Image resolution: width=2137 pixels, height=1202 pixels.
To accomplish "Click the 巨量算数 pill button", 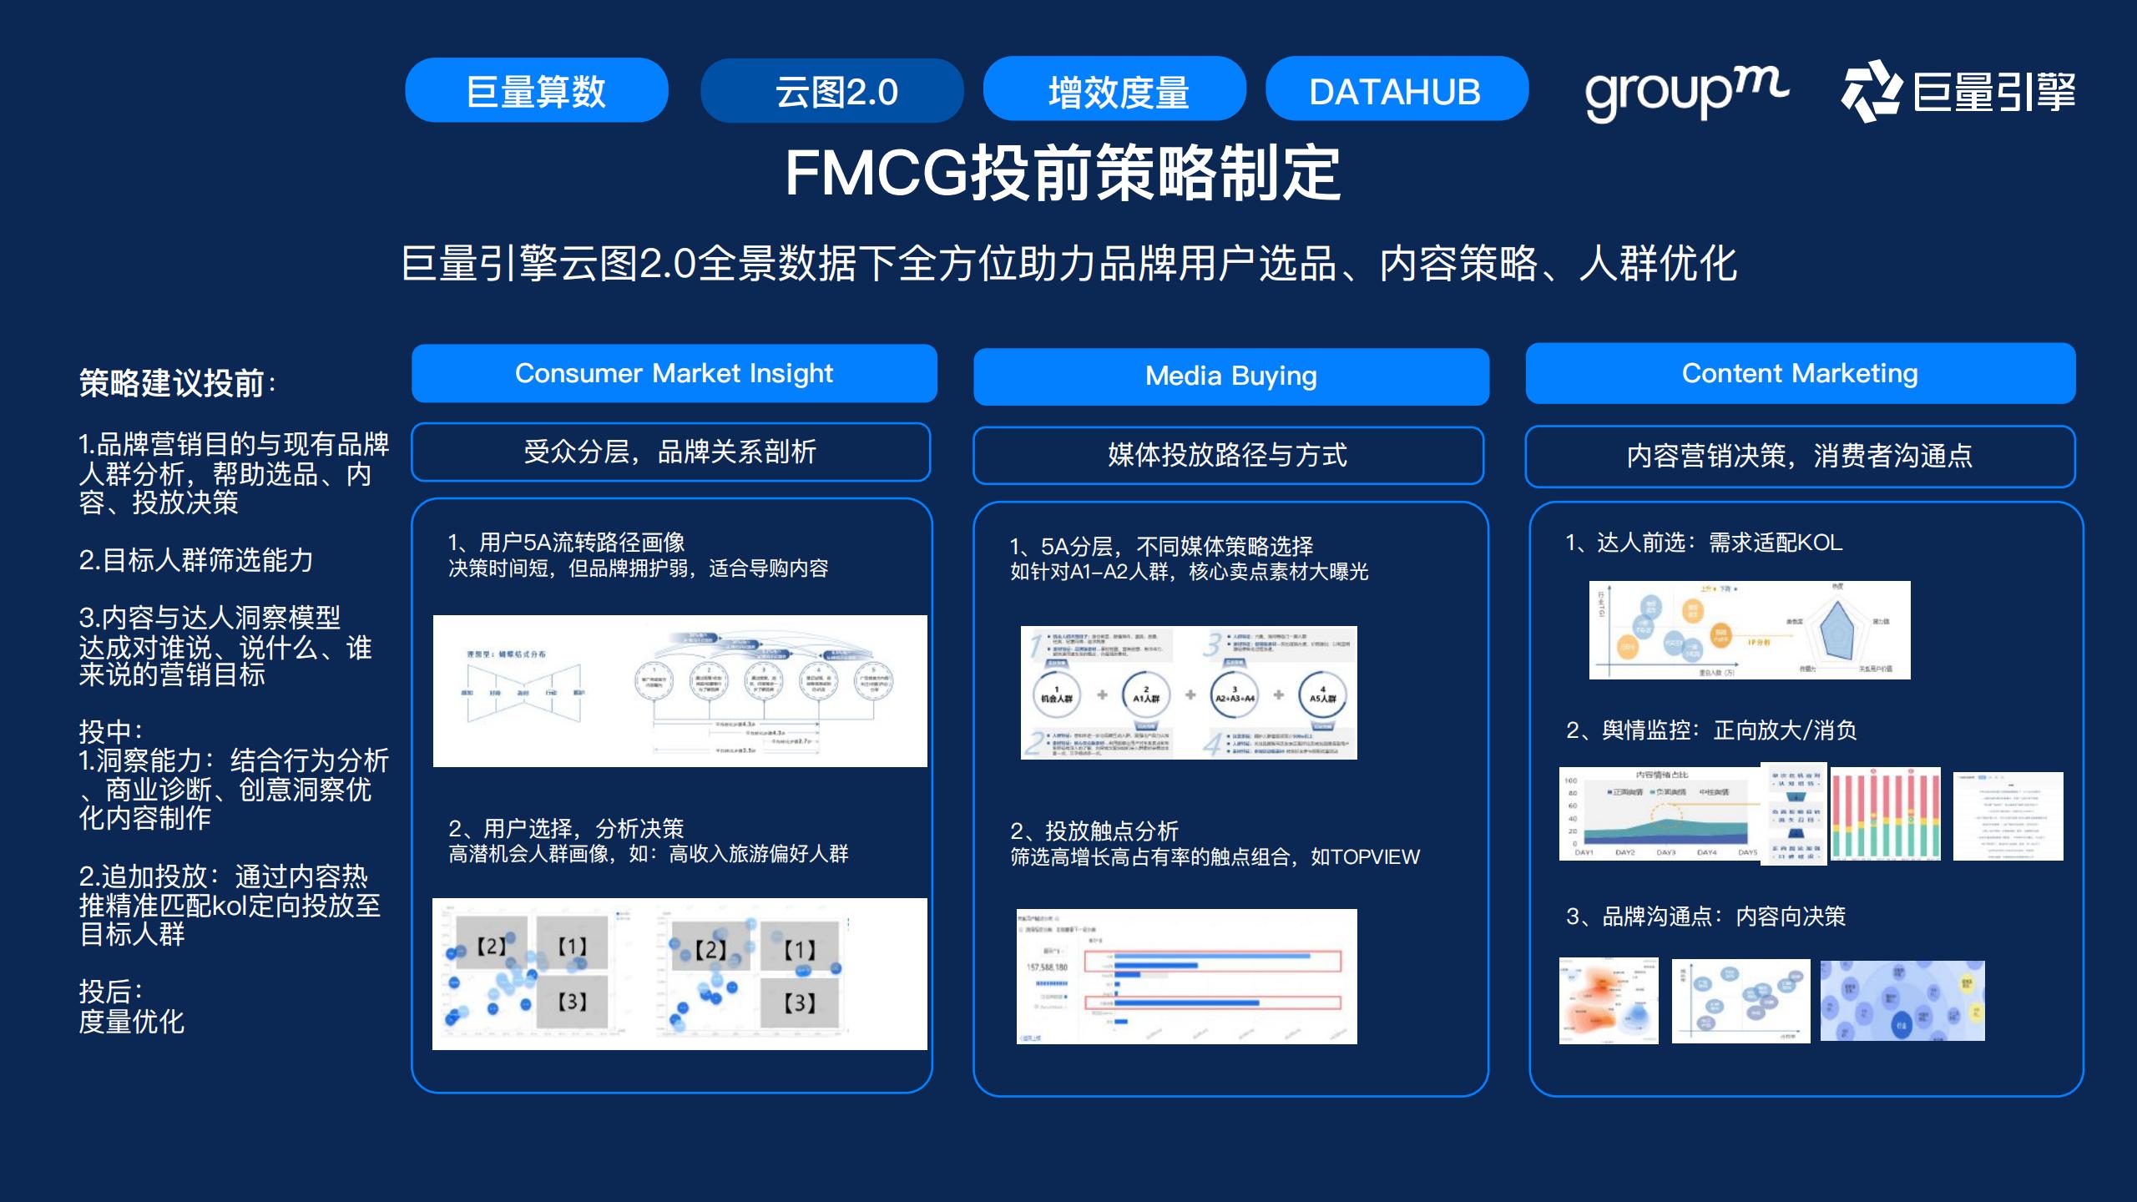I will coord(536,91).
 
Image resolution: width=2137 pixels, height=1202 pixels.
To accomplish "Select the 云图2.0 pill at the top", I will coord(831,91).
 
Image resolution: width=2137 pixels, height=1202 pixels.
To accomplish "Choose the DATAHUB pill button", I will coord(1396,90).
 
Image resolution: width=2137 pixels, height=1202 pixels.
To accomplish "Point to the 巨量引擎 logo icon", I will coord(1872,91).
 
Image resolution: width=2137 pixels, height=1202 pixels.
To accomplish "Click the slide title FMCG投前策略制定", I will coord(1062,173).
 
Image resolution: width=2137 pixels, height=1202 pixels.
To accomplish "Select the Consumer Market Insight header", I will coord(674,373).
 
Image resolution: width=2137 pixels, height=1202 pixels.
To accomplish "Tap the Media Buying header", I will coord(1230,376).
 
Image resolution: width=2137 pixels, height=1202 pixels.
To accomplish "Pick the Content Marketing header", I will coord(1800,373).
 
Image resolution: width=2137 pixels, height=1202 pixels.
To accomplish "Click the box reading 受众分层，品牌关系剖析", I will coord(670,452).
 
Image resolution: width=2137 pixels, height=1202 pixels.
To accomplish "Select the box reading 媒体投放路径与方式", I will coord(1227,455).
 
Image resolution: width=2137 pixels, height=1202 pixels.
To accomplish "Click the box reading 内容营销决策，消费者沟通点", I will coord(1799,456).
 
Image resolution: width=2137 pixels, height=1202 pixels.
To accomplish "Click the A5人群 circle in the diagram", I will coord(1322,694).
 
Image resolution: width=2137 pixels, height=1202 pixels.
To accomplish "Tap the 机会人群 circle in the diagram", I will coord(1057,694).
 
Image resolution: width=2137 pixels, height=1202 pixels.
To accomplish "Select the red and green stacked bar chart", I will coord(1885,813).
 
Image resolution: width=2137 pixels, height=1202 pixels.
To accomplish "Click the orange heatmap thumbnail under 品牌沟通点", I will coord(1608,1001).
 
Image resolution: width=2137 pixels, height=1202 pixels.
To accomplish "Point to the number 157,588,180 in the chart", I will coord(1047,967).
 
